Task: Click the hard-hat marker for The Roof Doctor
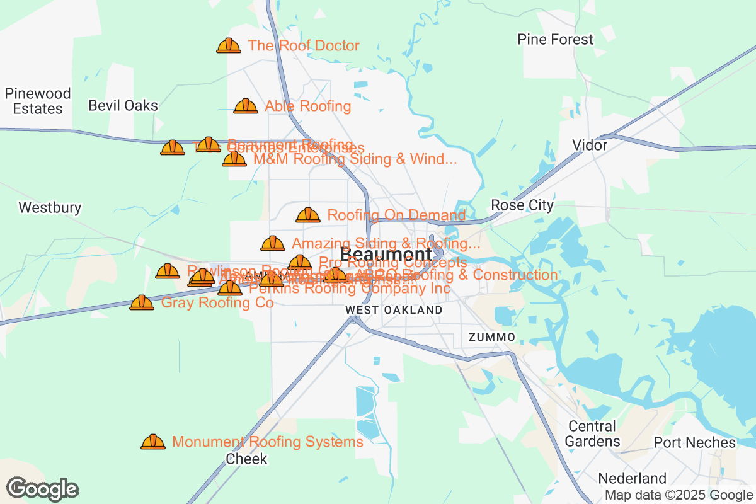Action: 228,45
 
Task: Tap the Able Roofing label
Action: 307,106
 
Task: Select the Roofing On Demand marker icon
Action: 307,215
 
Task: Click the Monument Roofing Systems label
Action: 267,442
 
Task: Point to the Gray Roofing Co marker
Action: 141,303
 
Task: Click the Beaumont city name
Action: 386,255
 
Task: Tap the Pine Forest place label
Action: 555,39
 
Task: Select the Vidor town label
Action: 589,145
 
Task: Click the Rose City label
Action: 522,205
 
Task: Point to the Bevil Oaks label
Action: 123,105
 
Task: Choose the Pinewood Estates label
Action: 38,101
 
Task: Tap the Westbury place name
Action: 50,207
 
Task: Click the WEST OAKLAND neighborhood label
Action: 394,310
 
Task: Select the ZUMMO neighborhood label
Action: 492,337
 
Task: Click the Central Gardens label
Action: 592,433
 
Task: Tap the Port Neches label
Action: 694,442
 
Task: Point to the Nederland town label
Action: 632,478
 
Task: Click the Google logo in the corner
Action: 43,489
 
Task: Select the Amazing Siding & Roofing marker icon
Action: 272,243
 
